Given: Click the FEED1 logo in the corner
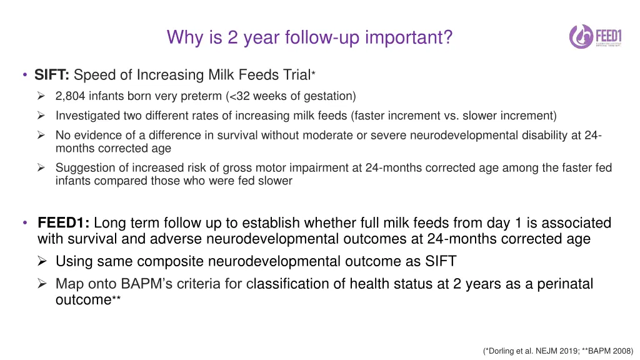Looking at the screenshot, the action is [x=596, y=36].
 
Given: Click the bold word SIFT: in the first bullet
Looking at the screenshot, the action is [x=52, y=75].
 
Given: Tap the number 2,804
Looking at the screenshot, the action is [x=70, y=96].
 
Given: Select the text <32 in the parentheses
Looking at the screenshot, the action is [x=238, y=96].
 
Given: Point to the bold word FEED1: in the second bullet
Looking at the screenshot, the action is [x=63, y=223].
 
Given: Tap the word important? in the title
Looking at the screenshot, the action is [x=409, y=37].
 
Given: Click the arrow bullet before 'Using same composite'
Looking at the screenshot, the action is [x=42, y=261].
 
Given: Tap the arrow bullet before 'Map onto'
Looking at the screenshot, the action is [x=42, y=283].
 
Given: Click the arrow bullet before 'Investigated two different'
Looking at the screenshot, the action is [x=41, y=116].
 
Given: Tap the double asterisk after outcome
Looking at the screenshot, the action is [x=116, y=297].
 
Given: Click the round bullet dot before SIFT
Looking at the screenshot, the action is [x=25, y=75].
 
